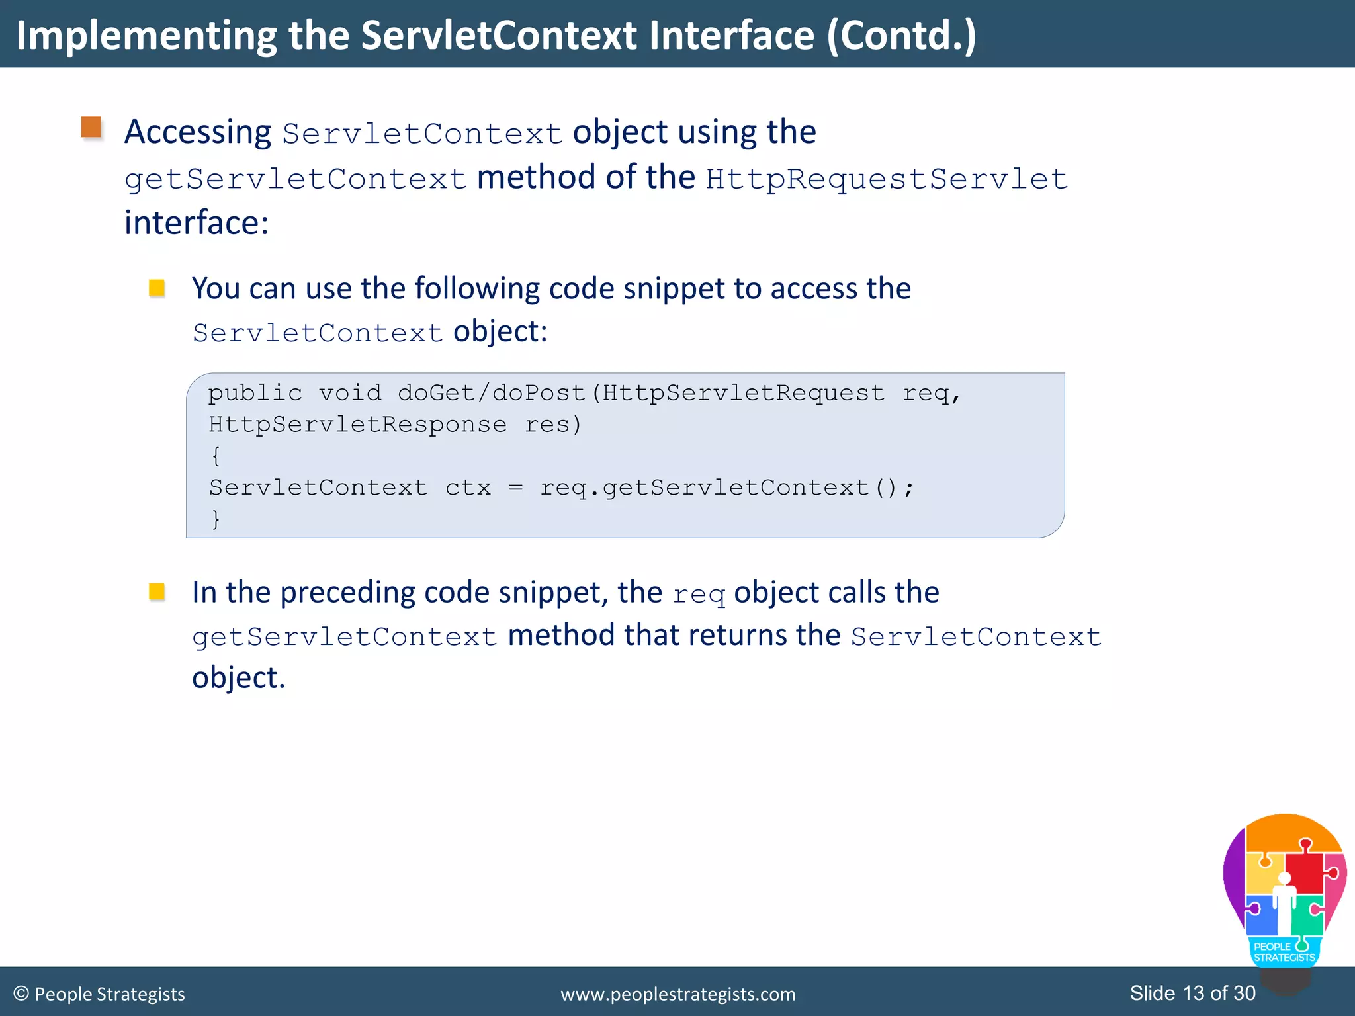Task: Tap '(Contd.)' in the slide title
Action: tap(901, 36)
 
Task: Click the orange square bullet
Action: tap(91, 127)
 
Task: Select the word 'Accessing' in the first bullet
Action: tap(197, 132)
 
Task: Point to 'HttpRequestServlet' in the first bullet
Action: tap(887, 179)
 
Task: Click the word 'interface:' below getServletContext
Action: tap(197, 223)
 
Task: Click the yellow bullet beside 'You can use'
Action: tap(157, 288)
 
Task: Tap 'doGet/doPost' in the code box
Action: tap(492, 393)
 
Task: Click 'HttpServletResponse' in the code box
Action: tap(357, 424)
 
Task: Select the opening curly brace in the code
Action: tap(216, 456)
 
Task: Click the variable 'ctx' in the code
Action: tap(468, 488)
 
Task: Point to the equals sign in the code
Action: tap(516, 488)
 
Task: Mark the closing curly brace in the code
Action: tap(216, 519)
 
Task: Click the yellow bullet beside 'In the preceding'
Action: tap(157, 591)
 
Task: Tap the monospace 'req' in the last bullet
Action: tap(699, 594)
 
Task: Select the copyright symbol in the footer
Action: tap(21, 994)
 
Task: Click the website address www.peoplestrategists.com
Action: tap(677, 994)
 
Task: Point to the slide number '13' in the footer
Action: tap(1194, 993)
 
